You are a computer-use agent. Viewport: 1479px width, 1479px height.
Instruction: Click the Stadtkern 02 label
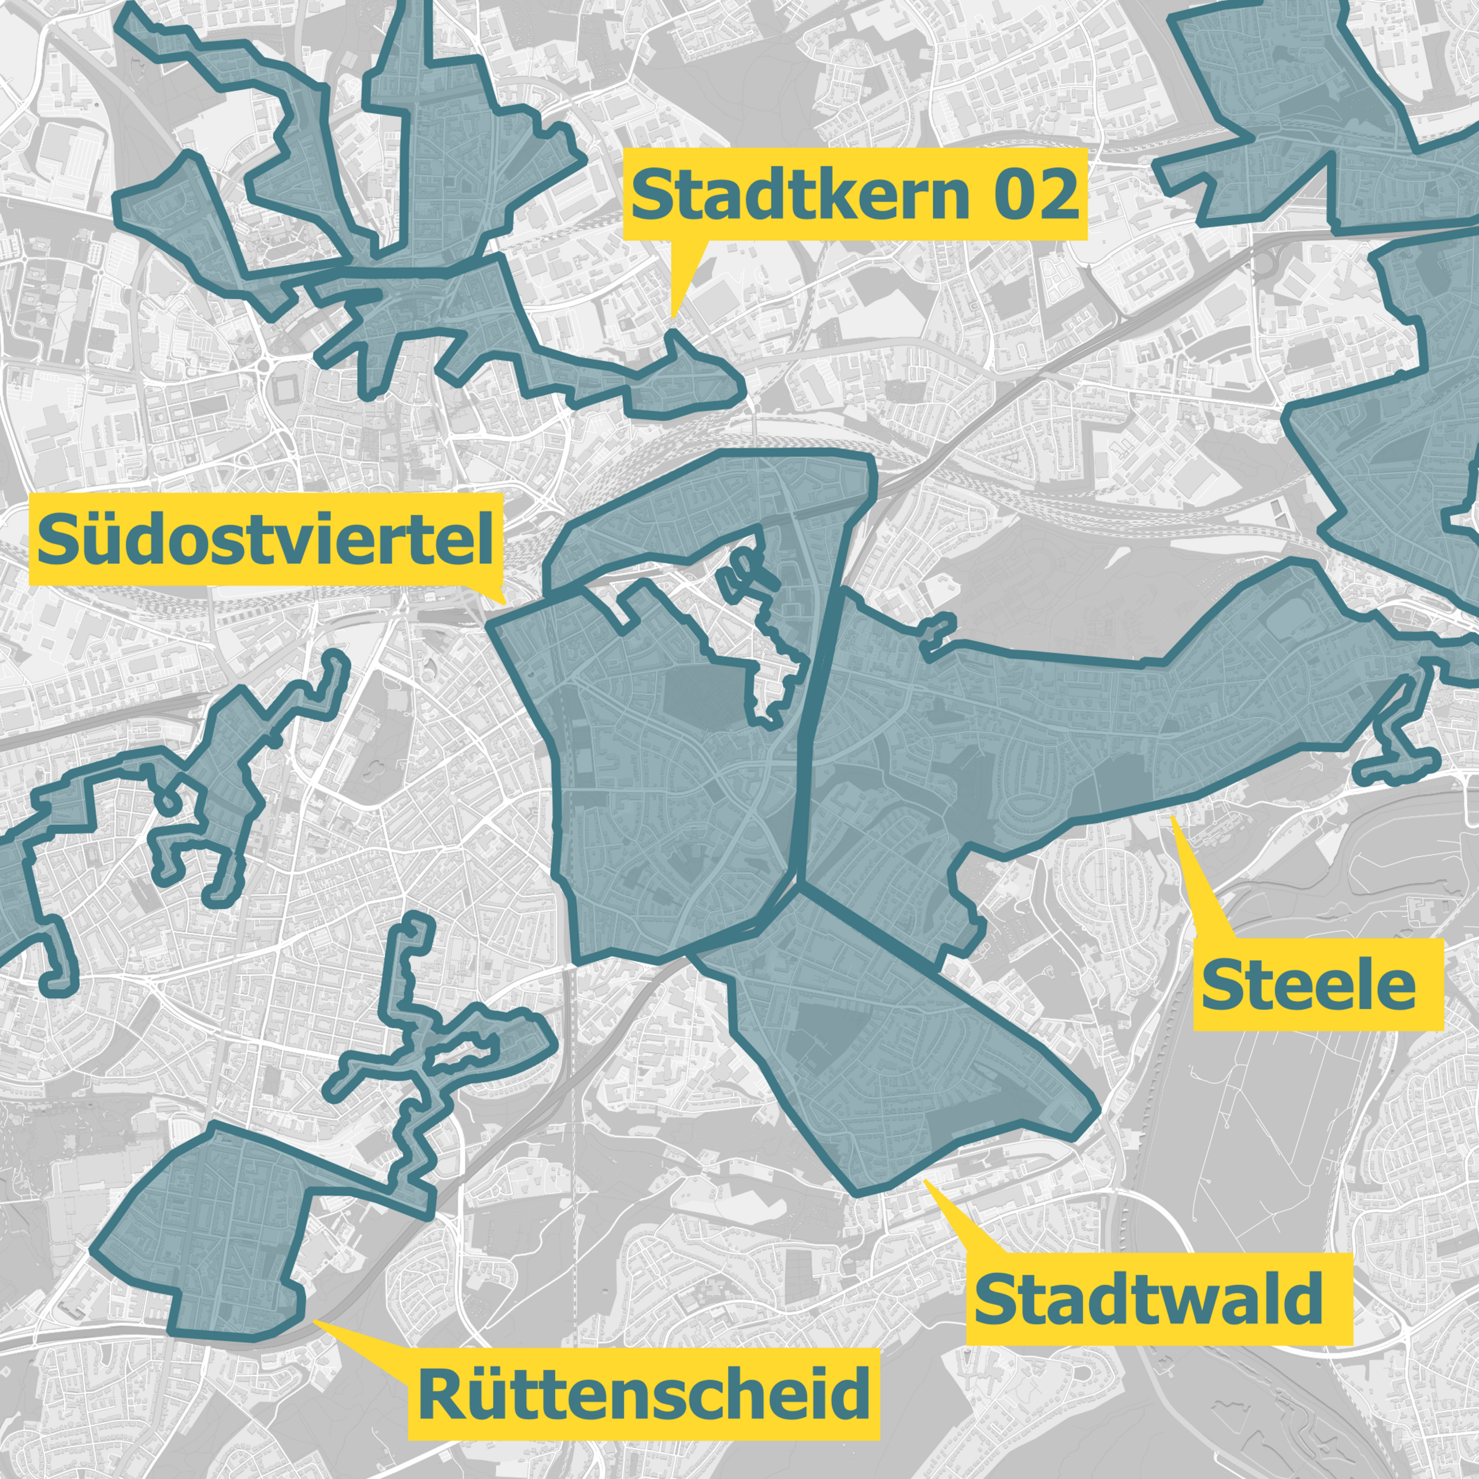[855, 195]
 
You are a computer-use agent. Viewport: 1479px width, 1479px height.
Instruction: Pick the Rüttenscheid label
[643, 1393]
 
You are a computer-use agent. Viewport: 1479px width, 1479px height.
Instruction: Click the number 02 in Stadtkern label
[1036, 195]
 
